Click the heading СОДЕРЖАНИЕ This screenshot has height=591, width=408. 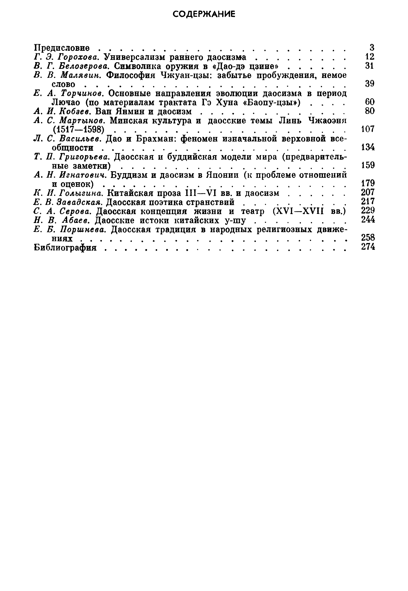click(204, 14)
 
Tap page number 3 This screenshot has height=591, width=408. click(372, 48)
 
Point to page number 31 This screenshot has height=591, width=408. click(370, 66)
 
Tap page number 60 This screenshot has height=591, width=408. click(370, 102)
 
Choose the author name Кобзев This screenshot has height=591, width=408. click(75, 111)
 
